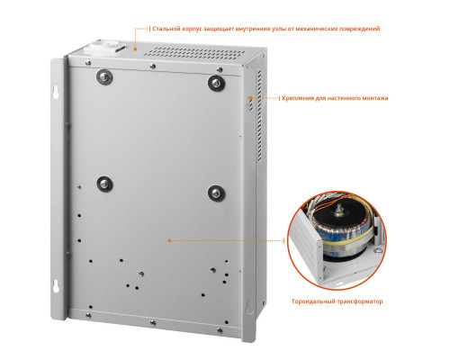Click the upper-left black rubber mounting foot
click(x=104, y=77)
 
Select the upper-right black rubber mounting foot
click(x=216, y=83)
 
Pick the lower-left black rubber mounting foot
click(x=104, y=184)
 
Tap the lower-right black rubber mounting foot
click(x=216, y=193)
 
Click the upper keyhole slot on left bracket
click(x=56, y=92)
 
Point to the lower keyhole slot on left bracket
click(x=56, y=285)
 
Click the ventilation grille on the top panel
click(x=194, y=53)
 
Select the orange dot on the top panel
click(x=135, y=49)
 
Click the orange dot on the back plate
click(x=169, y=240)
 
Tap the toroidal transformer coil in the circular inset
click(x=342, y=231)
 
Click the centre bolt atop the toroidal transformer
click(x=341, y=208)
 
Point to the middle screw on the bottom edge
click(x=153, y=323)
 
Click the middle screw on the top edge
click(x=153, y=66)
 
